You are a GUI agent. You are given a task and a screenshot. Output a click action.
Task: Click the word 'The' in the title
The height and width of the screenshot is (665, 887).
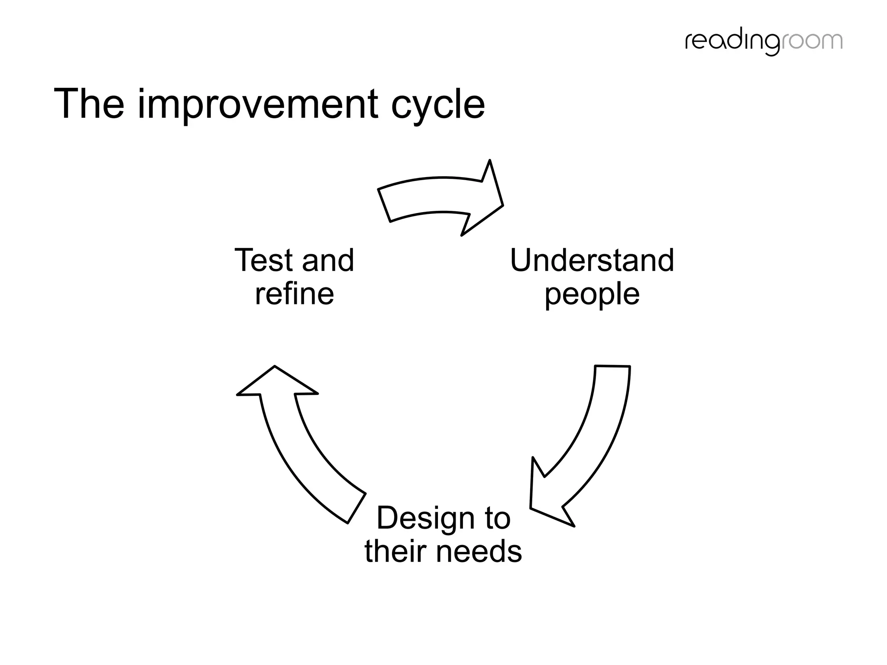click(x=89, y=104)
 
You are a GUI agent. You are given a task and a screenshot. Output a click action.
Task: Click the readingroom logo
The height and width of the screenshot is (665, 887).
click(x=764, y=42)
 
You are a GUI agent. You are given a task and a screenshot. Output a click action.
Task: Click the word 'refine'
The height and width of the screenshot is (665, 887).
click(x=294, y=294)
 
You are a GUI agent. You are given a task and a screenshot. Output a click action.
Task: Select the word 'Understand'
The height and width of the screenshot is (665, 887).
click(x=592, y=261)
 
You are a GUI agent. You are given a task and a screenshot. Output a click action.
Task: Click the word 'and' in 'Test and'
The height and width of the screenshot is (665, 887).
click(x=328, y=261)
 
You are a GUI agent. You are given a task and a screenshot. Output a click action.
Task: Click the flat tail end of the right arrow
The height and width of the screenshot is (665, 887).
click(x=612, y=367)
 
